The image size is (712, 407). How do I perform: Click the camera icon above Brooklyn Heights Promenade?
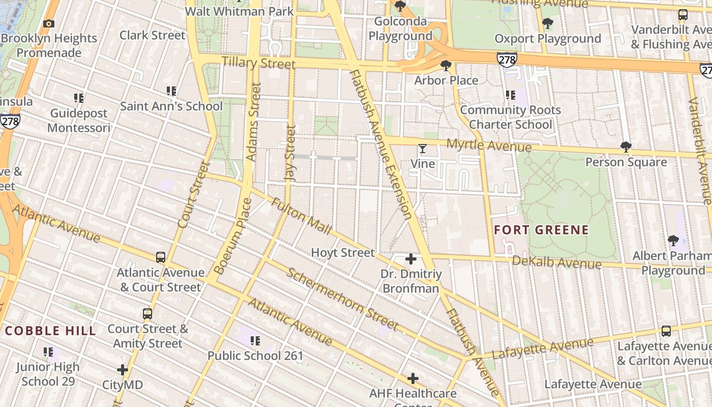point(49,23)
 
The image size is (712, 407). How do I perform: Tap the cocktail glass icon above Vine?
point(422,149)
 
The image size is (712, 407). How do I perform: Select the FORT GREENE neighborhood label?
point(541,230)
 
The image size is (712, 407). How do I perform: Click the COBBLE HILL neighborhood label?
point(50,331)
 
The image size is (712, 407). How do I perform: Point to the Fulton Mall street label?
point(302,216)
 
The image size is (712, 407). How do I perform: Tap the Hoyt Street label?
point(342,253)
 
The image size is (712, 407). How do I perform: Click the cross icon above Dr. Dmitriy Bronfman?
point(411,259)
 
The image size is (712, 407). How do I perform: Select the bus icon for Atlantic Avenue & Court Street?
point(161,257)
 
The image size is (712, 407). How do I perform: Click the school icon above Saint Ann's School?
point(171,91)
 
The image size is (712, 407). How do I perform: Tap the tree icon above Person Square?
point(626,147)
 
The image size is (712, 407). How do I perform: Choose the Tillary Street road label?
point(258,63)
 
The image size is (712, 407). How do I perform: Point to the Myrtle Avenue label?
point(489,146)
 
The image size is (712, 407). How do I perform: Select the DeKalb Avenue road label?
point(556,263)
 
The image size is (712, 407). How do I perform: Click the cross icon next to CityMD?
point(123,370)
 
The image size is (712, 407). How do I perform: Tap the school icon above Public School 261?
point(255,340)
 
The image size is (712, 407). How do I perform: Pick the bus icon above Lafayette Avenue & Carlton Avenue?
point(666,331)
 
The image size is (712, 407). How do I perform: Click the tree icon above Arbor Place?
point(446,65)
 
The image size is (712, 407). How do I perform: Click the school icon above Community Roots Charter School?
point(511,95)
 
